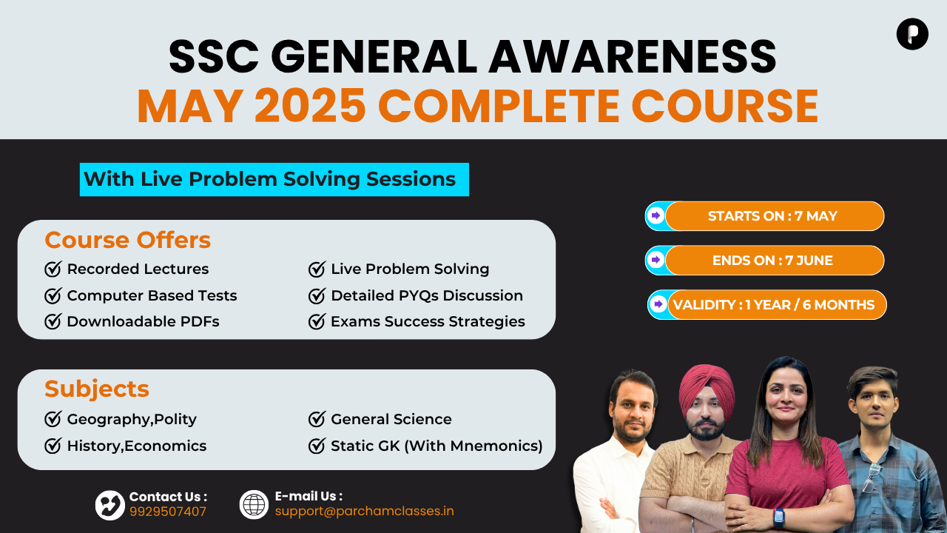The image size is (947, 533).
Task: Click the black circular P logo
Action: tap(912, 34)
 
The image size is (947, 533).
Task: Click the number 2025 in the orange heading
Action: tap(310, 105)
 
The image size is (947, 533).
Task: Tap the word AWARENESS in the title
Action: tap(633, 57)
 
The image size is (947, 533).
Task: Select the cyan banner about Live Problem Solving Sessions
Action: tap(274, 179)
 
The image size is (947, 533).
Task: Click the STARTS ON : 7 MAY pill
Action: tap(764, 216)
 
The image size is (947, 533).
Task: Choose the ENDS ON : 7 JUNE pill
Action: tap(764, 260)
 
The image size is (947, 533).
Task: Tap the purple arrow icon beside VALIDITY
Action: tap(658, 304)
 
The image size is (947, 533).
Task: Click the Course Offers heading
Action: tap(128, 241)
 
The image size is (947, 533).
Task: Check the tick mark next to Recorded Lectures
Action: tap(53, 269)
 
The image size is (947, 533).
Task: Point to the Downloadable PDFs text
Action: tap(143, 321)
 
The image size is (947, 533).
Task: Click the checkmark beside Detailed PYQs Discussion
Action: tap(317, 295)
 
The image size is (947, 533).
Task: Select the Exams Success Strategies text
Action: tap(428, 321)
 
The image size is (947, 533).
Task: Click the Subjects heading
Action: tap(97, 389)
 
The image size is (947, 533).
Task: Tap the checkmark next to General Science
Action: tap(317, 419)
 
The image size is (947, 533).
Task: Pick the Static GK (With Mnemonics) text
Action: tap(437, 446)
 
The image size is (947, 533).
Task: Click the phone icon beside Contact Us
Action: tap(110, 505)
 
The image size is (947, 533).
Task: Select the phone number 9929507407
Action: tap(168, 512)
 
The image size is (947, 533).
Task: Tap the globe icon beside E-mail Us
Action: tap(254, 505)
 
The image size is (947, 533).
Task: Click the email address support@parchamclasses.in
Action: tap(365, 512)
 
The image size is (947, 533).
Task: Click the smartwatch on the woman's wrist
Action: tap(779, 517)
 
